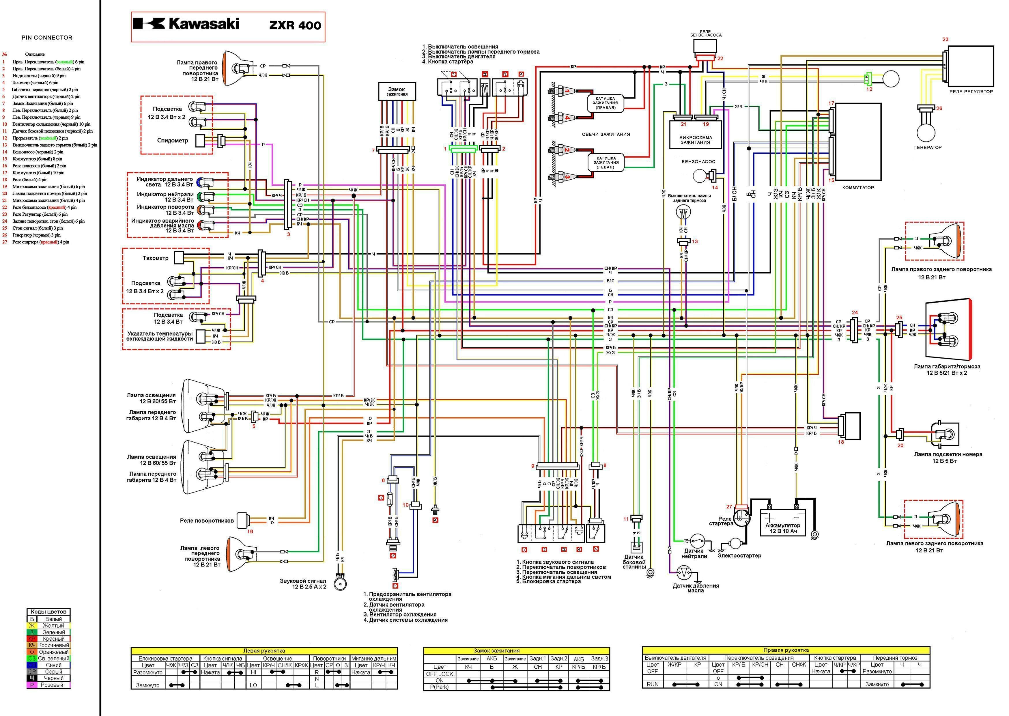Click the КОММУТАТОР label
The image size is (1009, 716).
(858, 187)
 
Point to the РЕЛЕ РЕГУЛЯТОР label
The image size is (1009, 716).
(971, 92)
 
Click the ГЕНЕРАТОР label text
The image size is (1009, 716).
(928, 147)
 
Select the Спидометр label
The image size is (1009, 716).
(172, 141)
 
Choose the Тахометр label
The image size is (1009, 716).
(155, 258)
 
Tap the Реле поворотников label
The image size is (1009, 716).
(207, 521)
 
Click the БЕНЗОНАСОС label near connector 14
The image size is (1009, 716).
(698, 162)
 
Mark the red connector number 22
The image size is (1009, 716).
(720, 58)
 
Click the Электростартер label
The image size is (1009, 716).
(739, 555)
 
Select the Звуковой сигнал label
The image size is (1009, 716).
(303, 584)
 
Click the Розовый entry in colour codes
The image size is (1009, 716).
(52, 685)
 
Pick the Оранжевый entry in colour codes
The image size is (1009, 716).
(53, 652)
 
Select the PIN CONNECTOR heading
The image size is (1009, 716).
(47, 38)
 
